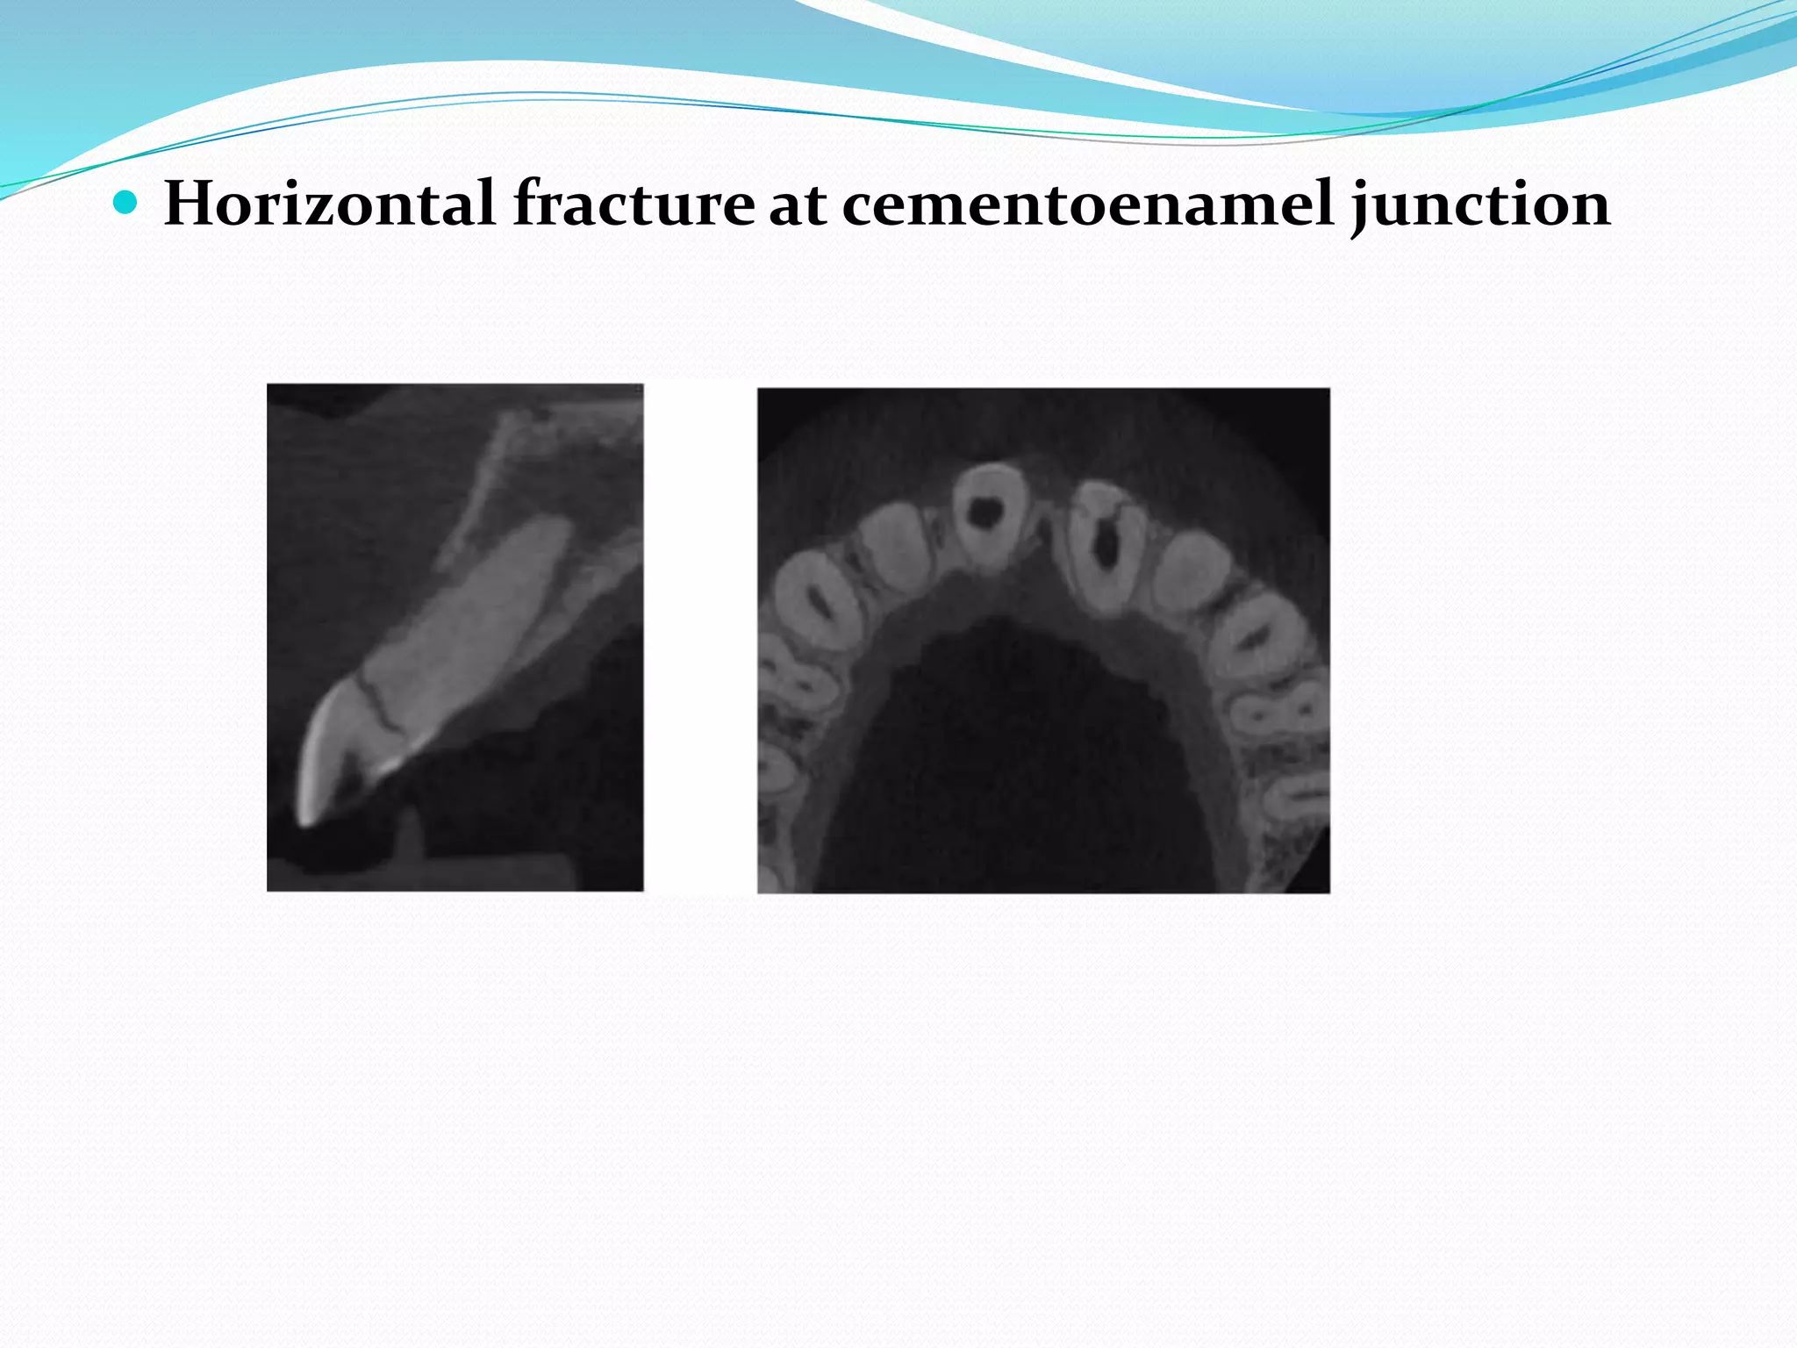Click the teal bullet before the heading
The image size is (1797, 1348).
(126, 204)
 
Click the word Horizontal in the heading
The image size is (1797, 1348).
(329, 204)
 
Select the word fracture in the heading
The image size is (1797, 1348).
(633, 204)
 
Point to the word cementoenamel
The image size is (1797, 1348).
(1088, 204)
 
